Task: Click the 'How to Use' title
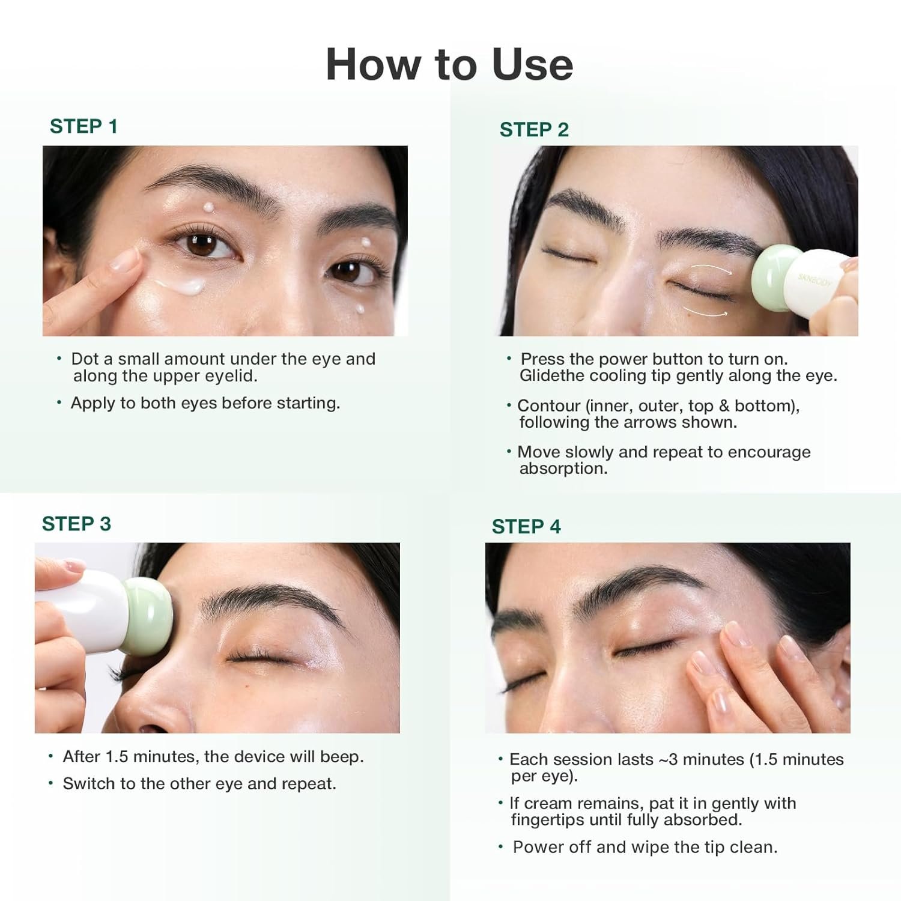[x=449, y=64]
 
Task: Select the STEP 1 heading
[x=83, y=127]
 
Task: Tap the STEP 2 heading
[x=534, y=130]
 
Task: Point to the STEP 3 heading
[x=76, y=524]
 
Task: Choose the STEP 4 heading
[x=526, y=527]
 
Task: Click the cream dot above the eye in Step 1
[x=208, y=207]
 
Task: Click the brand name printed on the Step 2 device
[x=815, y=279]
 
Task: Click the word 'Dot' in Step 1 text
[x=85, y=359]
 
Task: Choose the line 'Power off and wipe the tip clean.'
[x=645, y=848]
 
